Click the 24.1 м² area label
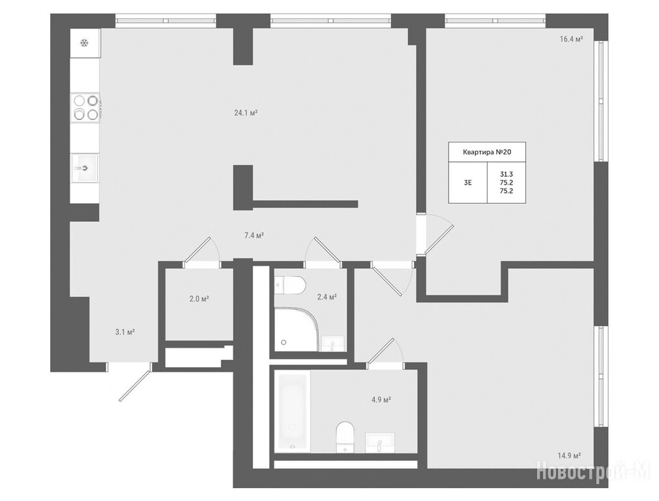[x=246, y=113]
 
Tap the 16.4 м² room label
[x=571, y=39]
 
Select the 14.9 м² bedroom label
[x=570, y=455]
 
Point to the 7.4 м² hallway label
[x=254, y=235]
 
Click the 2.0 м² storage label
[x=199, y=299]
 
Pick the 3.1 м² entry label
[x=124, y=332]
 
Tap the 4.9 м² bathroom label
[x=381, y=400]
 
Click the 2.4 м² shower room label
[x=327, y=297]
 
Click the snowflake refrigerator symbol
[x=85, y=42]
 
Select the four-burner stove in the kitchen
[x=86, y=107]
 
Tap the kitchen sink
[x=85, y=168]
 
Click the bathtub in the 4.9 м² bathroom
[x=293, y=412]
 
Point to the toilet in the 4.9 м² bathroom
[x=345, y=437]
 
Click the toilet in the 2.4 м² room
[x=291, y=286]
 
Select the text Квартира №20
[x=487, y=152]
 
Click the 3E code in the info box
[x=467, y=183]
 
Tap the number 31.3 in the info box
[x=506, y=174]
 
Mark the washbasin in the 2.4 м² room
[x=333, y=343]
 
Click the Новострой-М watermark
[x=593, y=471]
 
